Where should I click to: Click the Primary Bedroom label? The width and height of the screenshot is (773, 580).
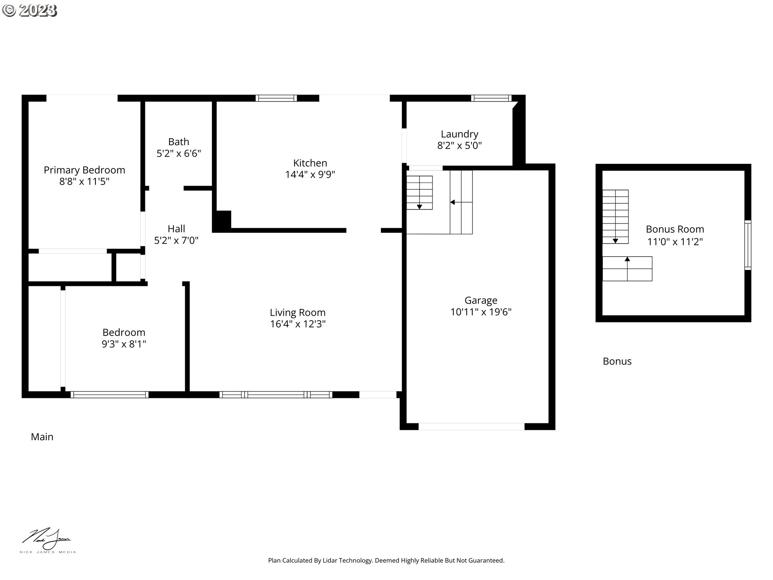click(85, 170)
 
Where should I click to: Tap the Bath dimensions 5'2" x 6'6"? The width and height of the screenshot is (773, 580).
click(179, 153)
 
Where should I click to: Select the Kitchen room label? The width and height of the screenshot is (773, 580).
click(310, 163)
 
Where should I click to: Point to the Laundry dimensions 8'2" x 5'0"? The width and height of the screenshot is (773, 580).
click(459, 145)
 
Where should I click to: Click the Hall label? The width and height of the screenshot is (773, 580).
click(176, 229)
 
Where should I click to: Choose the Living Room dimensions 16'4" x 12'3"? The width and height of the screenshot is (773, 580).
click(298, 324)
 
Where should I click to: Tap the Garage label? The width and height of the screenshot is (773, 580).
click(481, 300)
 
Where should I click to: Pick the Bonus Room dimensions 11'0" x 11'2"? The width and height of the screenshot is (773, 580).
click(675, 242)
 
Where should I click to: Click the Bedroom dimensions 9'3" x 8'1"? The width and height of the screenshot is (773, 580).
click(124, 344)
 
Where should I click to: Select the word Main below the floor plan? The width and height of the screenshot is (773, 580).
click(42, 437)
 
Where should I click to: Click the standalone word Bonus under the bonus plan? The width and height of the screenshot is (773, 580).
click(617, 361)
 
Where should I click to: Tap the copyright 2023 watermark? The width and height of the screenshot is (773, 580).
click(29, 10)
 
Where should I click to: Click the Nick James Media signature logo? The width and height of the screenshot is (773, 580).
click(48, 541)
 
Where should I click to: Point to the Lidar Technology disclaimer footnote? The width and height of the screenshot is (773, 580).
click(386, 560)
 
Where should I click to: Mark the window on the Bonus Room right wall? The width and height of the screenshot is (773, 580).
click(748, 245)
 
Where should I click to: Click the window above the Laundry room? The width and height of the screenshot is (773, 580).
click(491, 98)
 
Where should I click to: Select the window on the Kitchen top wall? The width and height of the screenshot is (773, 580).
click(276, 98)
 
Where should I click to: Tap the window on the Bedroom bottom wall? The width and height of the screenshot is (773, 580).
click(110, 395)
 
